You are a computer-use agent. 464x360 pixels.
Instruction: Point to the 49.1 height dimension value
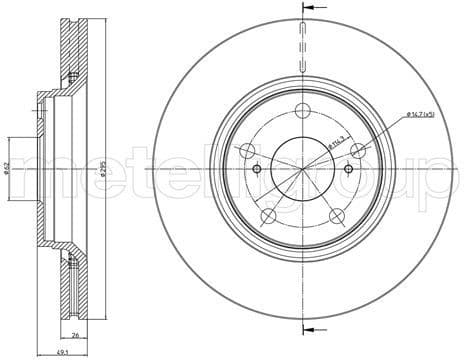coord(63,351)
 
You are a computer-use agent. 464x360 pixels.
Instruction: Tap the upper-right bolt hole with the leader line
coord(353,150)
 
